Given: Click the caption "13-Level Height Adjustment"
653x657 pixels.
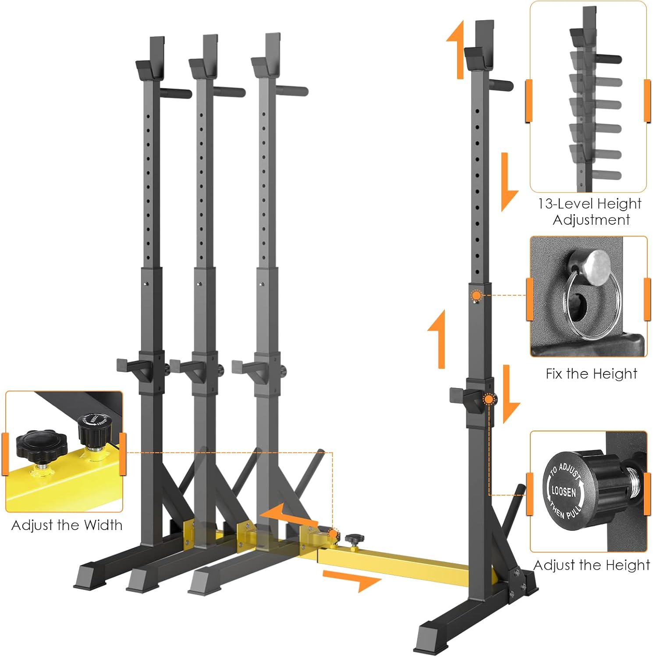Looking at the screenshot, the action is tap(590, 212).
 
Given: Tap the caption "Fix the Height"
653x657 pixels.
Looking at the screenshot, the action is tap(591, 374).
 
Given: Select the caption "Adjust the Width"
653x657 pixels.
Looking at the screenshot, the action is tap(67, 525).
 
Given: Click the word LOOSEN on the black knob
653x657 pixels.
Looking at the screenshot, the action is tap(564, 491).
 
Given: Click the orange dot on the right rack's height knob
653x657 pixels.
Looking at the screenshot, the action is tap(489, 399).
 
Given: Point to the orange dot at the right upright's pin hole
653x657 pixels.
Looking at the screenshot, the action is tap(476, 296).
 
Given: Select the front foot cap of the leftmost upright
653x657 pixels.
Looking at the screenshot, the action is tap(90, 577).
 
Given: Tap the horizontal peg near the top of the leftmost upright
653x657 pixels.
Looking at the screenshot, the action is tap(175, 93).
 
